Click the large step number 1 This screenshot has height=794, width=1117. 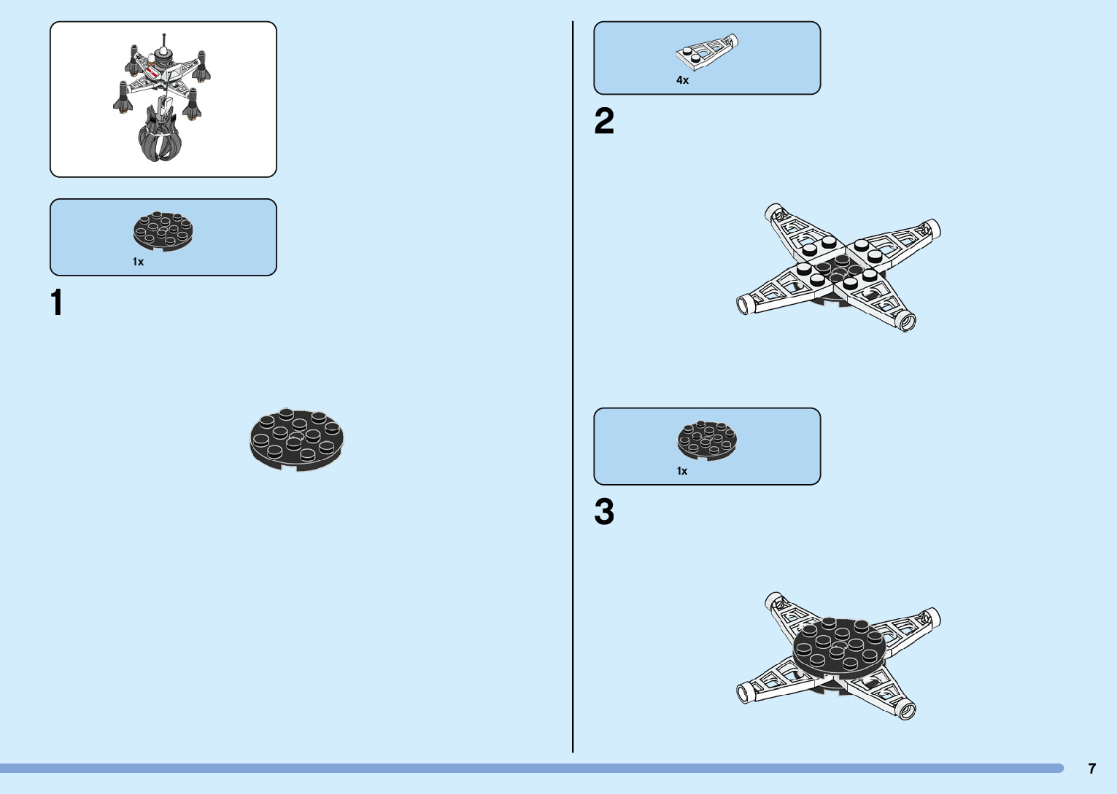(57, 303)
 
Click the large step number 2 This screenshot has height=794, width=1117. (604, 121)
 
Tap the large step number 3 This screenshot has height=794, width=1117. (604, 512)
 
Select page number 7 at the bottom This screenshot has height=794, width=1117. (1091, 768)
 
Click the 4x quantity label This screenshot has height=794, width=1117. (682, 80)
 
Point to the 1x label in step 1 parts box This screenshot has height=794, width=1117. (138, 262)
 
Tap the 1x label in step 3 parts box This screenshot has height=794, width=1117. (682, 471)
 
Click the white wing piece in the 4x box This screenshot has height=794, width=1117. (706, 53)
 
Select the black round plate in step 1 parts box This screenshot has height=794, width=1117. (163, 231)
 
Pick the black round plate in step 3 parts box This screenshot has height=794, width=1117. (707, 440)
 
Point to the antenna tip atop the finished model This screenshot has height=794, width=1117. (163, 34)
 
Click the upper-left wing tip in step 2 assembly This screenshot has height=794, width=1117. (774, 212)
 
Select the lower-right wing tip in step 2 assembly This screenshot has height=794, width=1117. (906, 321)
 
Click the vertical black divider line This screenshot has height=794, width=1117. (573, 386)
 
